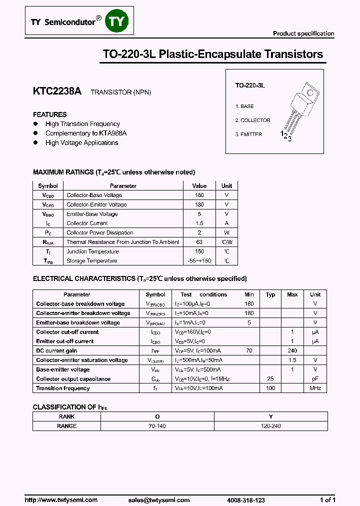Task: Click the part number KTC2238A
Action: pos(56,91)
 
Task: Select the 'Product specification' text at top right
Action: pos(303,33)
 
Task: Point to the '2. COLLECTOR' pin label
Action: pos(252,120)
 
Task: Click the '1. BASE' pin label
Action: pos(244,106)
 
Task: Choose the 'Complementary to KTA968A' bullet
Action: pos(85,133)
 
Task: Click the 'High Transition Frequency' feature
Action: pos(82,124)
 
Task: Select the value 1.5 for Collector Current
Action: pos(199,223)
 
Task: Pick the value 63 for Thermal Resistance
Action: pos(199,242)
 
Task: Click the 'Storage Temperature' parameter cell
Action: pos(92,261)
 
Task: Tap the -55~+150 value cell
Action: pos(199,261)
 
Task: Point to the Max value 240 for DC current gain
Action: pos(292,351)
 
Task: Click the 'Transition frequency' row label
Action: pos(63,388)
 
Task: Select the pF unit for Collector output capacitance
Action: pos(315,379)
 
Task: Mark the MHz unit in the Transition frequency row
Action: pos(315,388)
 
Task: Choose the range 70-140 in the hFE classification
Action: pos(157,426)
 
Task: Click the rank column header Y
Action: pos(270,416)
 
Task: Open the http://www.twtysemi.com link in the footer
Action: pos(61,500)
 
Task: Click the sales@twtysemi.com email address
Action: pos(158,500)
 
